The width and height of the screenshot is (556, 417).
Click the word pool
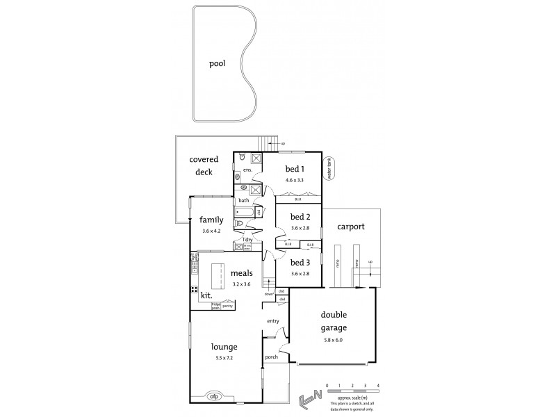(218, 63)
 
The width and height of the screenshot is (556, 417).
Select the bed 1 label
(295, 169)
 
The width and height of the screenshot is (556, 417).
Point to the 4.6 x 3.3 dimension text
(295, 180)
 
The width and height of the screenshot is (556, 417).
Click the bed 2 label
(300, 216)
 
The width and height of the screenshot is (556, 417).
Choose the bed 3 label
(300, 263)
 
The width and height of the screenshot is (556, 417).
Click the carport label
(352, 227)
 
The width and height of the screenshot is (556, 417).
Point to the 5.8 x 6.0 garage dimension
(333, 341)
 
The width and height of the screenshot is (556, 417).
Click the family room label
(211, 220)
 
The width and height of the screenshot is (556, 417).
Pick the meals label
(242, 273)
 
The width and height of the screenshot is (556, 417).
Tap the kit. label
(206, 295)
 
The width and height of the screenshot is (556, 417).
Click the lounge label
(225, 347)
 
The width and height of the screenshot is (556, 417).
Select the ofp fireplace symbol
(213, 397)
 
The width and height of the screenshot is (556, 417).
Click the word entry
(272, 320)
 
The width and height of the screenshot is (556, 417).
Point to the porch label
(272, 357)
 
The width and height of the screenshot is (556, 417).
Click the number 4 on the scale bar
(378, 384)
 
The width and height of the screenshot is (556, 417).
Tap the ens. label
(247, 170)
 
